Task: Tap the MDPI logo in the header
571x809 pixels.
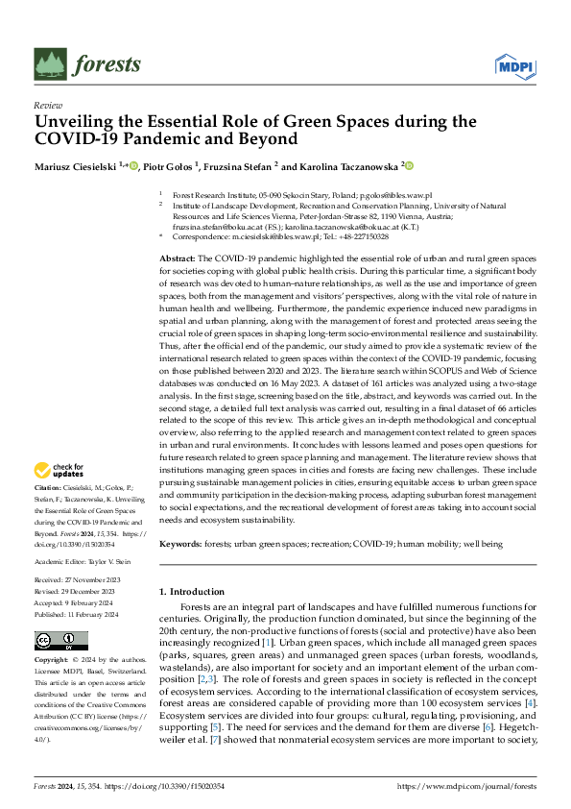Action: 514,64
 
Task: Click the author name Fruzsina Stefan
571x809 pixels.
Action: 240,166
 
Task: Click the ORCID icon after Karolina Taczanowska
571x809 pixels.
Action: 409,166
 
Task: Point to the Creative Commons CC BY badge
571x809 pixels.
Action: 55,641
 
